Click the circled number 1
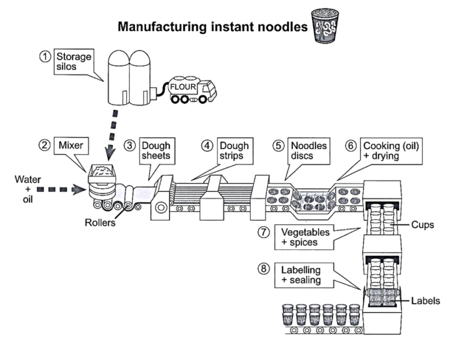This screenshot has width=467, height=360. pyautogui.click(x=45, y=57)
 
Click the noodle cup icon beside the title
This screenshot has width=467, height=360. pyautogui.click(x=323, y=26)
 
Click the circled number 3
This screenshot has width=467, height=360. pyautogui.click(x=129, y=146)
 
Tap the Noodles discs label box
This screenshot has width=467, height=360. pyautogui.click(x=308, y=151)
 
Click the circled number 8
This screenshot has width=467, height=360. pyautogui.click(x=262, y=269)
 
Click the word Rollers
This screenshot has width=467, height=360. pyautogui.click(x=100, y=223)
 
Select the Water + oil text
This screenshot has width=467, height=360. pyautogui.click(x=28, y=189)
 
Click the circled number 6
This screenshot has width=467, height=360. pyautogui.click(x=351, y=146)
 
